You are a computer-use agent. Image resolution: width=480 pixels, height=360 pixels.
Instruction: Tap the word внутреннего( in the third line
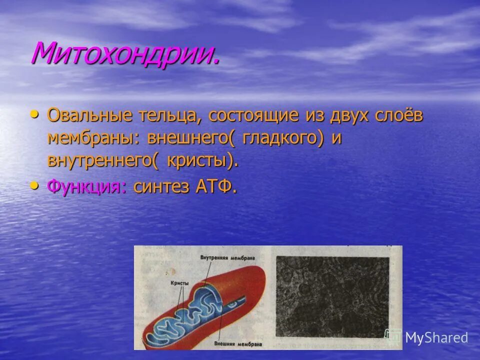102,160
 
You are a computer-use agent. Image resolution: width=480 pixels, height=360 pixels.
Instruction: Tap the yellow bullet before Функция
34,186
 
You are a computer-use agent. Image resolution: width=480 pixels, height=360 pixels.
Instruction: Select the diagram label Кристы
179,283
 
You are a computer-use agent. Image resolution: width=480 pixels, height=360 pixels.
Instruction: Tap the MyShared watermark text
436,338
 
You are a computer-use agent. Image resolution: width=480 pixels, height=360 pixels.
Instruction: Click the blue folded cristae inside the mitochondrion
200,312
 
